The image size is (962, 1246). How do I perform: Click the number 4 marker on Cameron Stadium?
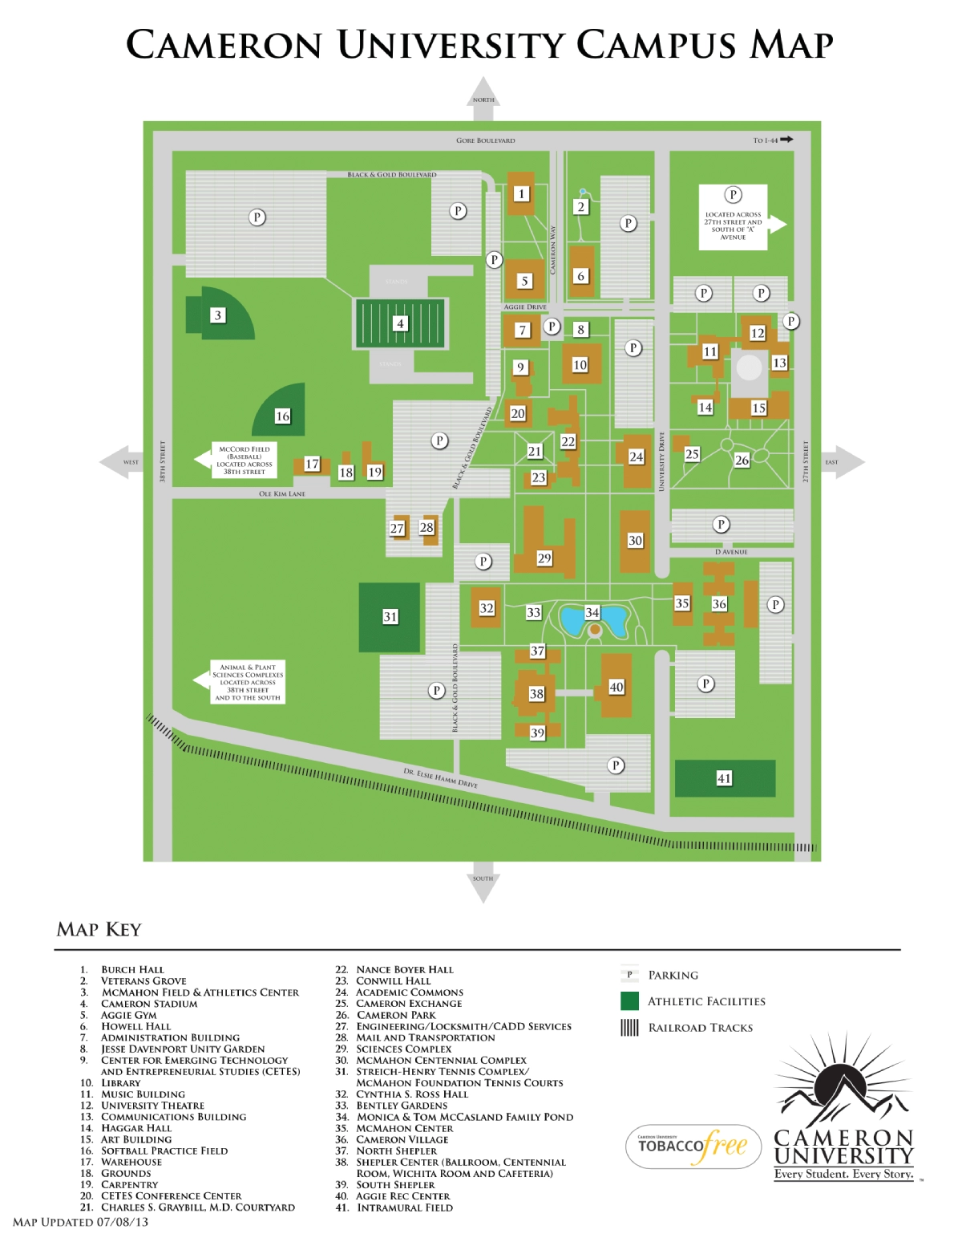click(399, 323)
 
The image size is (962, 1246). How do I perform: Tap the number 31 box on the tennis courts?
click(390, 616)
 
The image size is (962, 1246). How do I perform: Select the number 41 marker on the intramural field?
click(724, 777)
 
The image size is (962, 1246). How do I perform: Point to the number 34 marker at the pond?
click(592, 612)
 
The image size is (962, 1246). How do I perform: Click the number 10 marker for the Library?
click(580, 365)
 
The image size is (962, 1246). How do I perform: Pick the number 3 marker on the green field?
click(217, 315)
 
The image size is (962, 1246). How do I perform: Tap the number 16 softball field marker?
click(282, 416)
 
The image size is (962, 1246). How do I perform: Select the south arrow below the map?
click(483, 884)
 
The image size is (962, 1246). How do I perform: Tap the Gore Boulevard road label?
click(485, 140)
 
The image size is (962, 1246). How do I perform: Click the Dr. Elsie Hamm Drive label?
click(440, 777)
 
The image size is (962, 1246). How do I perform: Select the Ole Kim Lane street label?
click(281, 493)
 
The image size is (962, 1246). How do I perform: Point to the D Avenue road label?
click(731, 552)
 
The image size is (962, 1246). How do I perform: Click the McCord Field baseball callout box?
click(245, 461)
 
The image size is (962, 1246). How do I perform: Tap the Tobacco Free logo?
click(693, 1146)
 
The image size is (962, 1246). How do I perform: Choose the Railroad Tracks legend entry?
click(700, 1028)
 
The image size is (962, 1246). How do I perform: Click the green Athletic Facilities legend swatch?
click(629, 1000)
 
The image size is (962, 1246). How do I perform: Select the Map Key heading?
click(99, 929)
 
